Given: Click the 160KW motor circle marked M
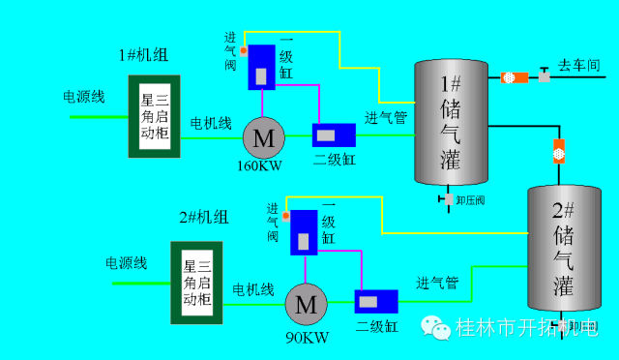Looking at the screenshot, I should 263,137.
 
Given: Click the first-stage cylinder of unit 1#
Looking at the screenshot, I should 262,66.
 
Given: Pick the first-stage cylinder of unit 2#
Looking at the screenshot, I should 305,232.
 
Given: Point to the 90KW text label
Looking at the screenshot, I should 308,338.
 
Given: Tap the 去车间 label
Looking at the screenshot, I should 580,65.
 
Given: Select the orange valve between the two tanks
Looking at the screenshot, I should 559,150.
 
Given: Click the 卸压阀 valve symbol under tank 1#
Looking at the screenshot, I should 446,198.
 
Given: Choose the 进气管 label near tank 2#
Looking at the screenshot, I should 437,284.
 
